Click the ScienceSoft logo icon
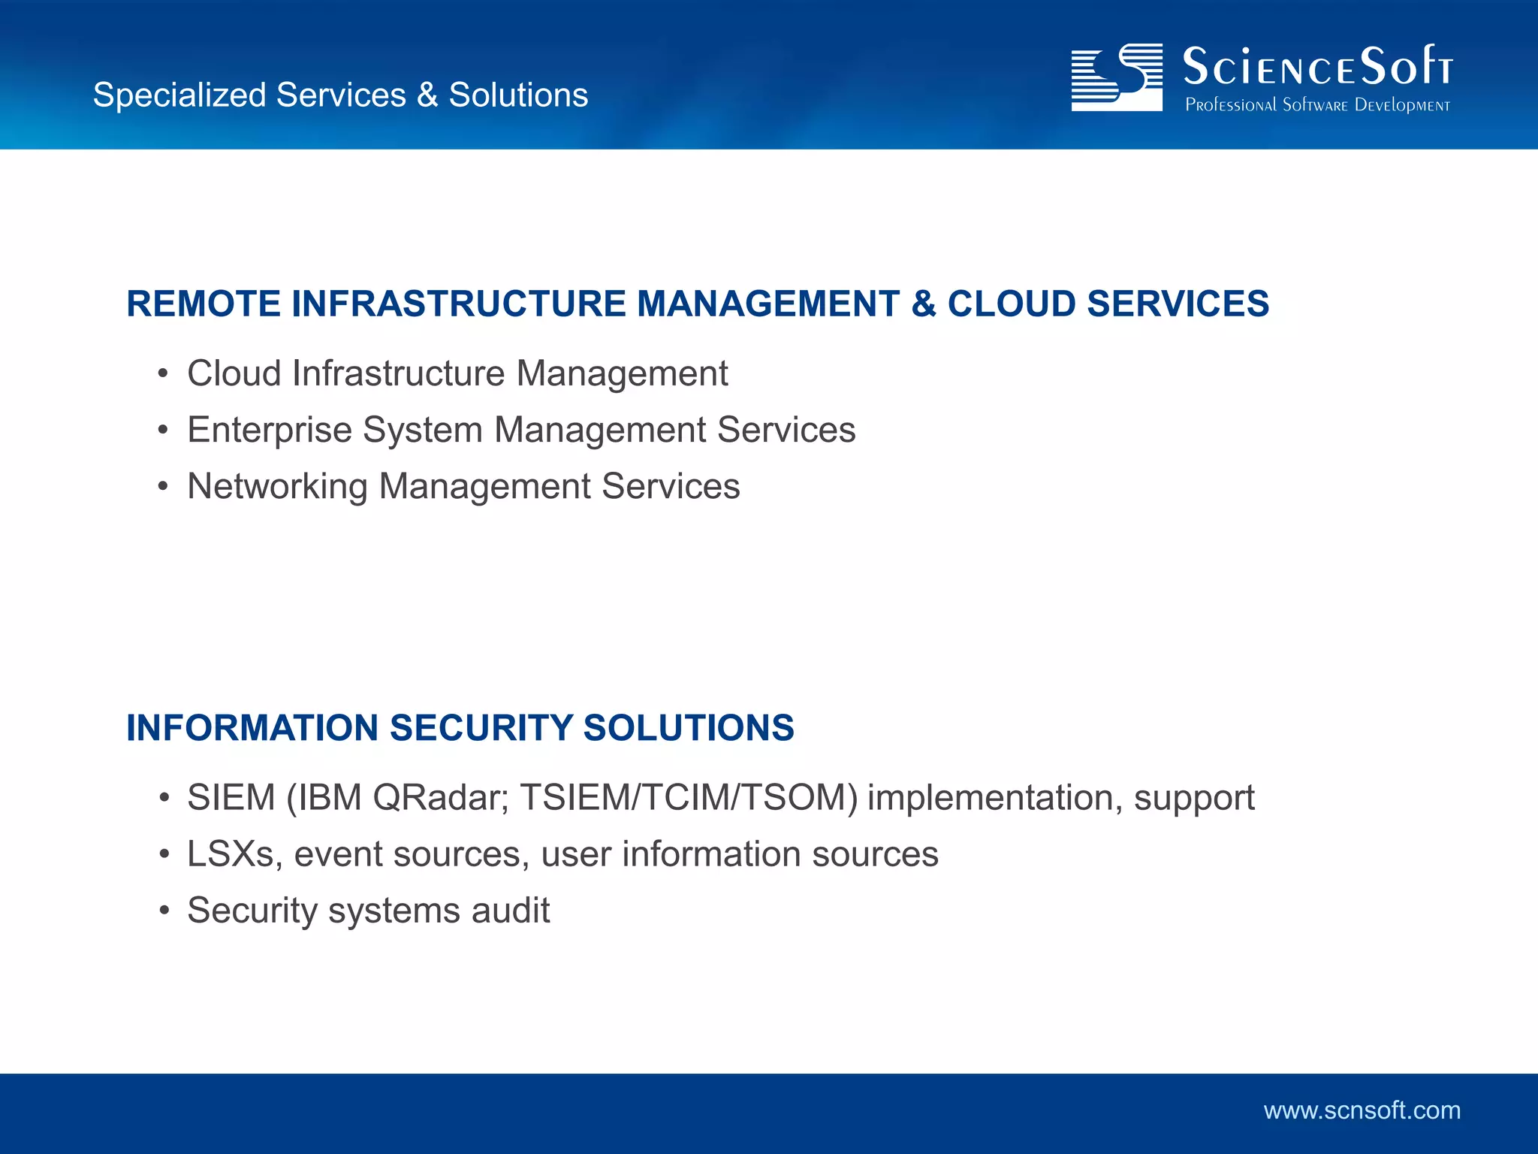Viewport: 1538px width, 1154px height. [1116, 77]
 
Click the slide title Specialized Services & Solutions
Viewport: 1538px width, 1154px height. [340, 95]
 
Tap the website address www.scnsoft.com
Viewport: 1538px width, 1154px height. [1362, 1110]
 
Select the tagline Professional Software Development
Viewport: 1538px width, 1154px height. [1317, 105]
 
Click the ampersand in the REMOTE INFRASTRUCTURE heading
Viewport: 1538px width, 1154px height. [923, 304]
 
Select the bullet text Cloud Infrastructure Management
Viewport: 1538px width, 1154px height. [457, 373]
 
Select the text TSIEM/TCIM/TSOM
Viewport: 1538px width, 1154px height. [689, 798]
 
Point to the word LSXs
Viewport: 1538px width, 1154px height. [231, 854]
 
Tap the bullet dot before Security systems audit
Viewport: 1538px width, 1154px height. [164, 911]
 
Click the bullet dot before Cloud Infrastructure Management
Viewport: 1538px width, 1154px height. [163, 374]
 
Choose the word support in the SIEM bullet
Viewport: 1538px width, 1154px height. [1194, 798]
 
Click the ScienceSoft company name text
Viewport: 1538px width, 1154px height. [1317, 66]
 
